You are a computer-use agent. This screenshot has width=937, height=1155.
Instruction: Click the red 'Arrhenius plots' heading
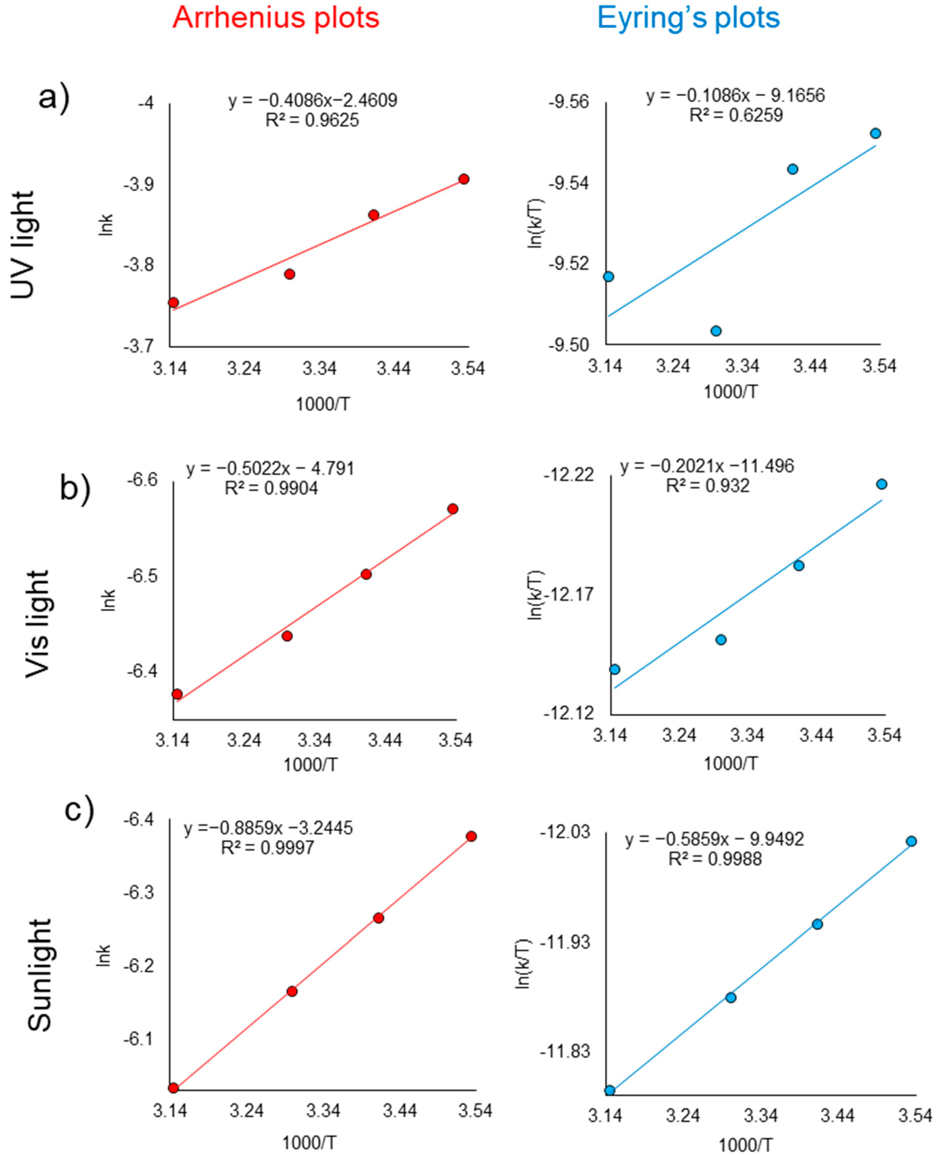point(276,18)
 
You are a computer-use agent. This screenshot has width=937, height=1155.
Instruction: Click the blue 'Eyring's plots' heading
point(688,18)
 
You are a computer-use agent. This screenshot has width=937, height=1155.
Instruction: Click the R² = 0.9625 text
point(312,120)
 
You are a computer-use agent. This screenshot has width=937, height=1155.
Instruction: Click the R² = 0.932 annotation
point(708,486)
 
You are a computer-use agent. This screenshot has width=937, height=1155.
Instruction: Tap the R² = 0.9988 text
point(715,858)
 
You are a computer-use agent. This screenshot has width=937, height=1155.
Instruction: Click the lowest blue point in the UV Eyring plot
point(716,331)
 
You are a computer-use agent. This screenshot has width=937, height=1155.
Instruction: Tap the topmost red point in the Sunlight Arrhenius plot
point(471,836)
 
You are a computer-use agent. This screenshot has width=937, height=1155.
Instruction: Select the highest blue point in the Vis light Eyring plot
point(881,484)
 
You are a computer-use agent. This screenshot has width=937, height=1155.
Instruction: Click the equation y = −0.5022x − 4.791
point(270,468)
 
